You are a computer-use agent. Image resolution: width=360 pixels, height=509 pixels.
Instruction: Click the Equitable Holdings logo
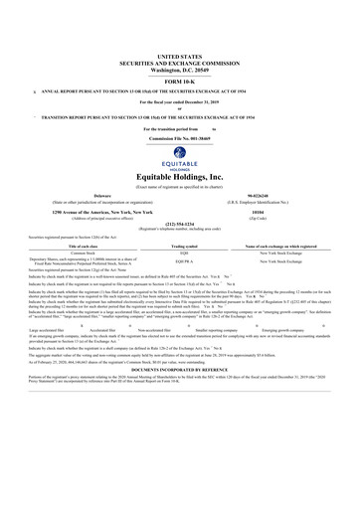(179, 156)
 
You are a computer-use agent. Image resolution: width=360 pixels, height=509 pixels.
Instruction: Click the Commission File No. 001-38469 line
(180, 137)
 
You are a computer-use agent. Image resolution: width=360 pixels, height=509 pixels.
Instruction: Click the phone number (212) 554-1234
(180, 224)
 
